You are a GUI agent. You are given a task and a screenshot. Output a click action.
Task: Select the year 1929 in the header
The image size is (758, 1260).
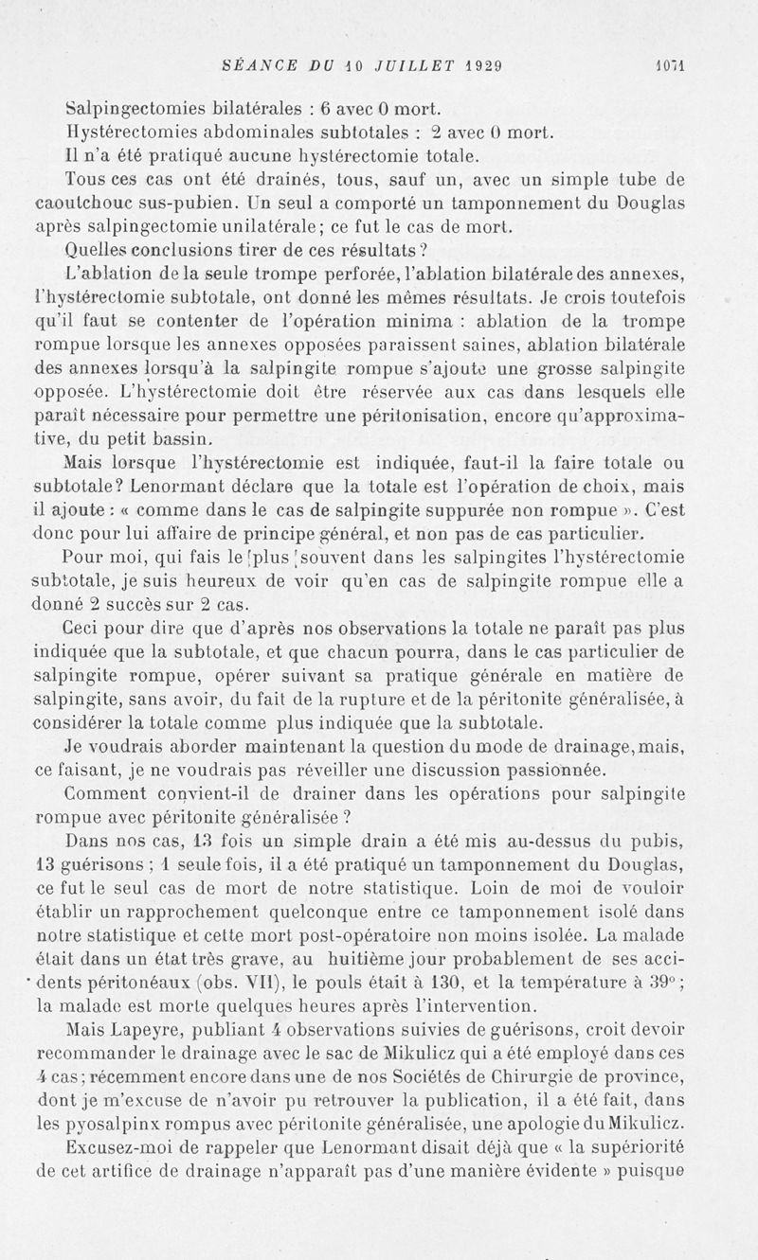point(483,66)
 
